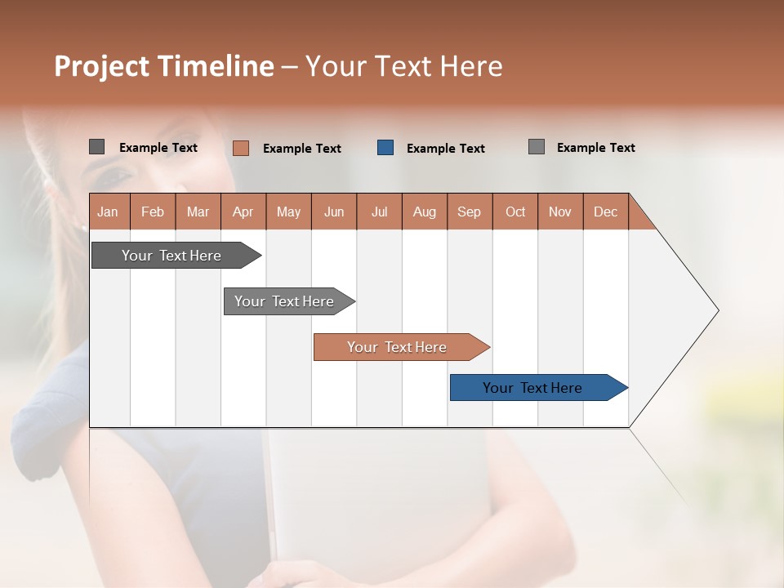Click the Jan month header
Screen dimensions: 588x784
(x=109, y=212)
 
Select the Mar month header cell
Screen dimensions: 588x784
(x=198, y=212)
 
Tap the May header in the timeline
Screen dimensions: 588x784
(x=288, y=212)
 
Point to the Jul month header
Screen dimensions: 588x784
(x=379, y=212)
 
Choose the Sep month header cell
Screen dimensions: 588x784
(x=469, y=212)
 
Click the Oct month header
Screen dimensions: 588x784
(x=514, y=212)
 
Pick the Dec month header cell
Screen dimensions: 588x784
(x=605, y=212)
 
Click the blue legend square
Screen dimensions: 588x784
(x=385, y=148)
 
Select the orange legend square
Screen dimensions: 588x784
(x=241, y=148)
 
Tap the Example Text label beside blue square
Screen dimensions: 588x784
(x=445, y=149)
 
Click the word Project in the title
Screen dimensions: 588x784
(x=102, y=66)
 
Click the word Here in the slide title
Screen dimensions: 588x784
(x=471, y=66)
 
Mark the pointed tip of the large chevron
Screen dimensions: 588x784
(x=717, y=310)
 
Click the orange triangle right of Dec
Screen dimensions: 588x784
(x=639, y=217)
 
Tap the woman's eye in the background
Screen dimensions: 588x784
(x=117, y=174)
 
